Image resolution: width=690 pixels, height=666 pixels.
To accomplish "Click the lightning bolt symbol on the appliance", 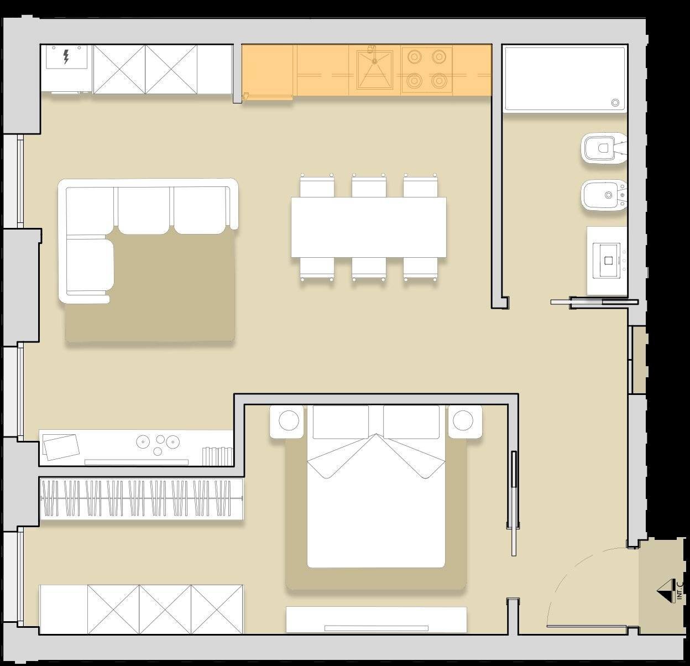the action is tap(66, 57).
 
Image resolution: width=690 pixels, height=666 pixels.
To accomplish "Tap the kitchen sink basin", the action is tap(375, 70).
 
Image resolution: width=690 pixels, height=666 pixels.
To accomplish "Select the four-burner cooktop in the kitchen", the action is tap(427, 69).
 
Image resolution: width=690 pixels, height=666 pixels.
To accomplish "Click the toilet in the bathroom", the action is tap(603, 148).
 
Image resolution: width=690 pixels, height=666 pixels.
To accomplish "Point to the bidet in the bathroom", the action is tap(604, 195).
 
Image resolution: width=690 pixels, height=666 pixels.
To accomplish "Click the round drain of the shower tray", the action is tap(615, 103).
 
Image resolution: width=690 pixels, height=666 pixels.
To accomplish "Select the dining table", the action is tap(369, 227).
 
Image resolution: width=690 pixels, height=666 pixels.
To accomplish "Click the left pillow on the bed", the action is tap(341, 422).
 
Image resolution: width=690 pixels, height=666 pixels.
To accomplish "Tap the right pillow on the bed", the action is tap(411, 422).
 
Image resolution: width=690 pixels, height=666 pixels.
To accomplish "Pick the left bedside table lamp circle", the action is tap(289, 420).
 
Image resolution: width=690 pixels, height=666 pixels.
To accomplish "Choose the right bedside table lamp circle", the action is tap(463, 420).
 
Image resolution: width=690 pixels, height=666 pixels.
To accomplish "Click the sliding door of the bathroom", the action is tap(594, 302).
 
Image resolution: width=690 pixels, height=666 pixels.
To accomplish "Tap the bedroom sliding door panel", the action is tap(514, 504).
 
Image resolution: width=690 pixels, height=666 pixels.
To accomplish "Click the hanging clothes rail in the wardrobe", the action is tap(142, 498).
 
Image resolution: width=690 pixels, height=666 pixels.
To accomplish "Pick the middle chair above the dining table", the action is tap(369, 185).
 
